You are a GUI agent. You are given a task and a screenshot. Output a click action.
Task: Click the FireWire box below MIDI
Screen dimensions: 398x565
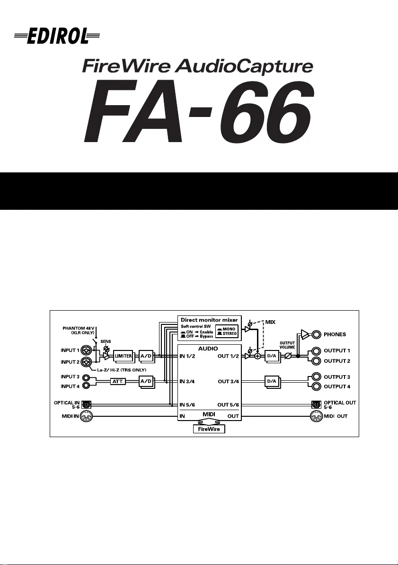[209, 429]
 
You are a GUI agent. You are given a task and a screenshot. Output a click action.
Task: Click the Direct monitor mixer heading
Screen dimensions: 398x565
[209, 319]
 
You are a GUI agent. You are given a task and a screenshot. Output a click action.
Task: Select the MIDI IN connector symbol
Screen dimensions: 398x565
[86, 416]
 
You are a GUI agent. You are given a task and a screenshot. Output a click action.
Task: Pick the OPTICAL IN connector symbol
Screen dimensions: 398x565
[87, 404]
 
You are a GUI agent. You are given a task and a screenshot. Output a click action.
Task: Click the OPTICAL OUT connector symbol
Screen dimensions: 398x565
[316, 404]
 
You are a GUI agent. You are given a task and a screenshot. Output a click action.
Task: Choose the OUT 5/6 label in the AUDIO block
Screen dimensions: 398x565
[230, 404]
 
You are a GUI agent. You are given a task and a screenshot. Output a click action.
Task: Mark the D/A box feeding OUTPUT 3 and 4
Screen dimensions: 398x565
[273, 381]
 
